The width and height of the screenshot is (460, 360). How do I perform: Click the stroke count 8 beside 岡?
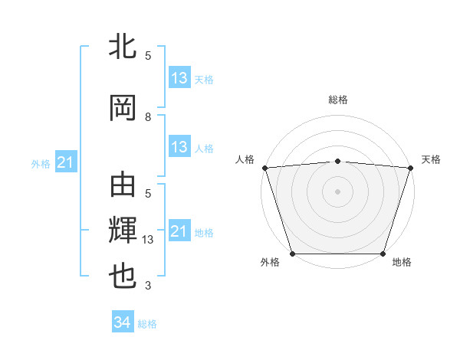[148, 117]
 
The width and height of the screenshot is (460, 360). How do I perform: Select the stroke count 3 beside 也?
[148, 286]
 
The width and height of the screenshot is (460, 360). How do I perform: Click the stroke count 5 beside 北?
[148, 56]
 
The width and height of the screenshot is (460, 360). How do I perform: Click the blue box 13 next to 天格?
[179, 78]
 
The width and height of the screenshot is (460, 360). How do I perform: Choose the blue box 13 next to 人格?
[179, 148]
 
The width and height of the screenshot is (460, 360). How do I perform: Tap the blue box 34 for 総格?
[122, 323]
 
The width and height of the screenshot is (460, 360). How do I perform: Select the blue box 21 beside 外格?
[66, 162]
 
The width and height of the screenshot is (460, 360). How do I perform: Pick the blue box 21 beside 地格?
[179, 231]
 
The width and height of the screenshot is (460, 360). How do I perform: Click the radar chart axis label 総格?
[337, 100]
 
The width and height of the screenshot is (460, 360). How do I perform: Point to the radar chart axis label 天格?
[431, 159]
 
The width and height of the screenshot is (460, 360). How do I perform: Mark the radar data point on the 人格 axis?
[264, 168]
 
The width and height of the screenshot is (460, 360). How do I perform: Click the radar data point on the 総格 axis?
[337, 161]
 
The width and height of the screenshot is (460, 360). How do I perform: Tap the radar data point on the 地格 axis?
[383, 254]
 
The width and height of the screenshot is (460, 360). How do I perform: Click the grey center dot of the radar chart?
[337, 191]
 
